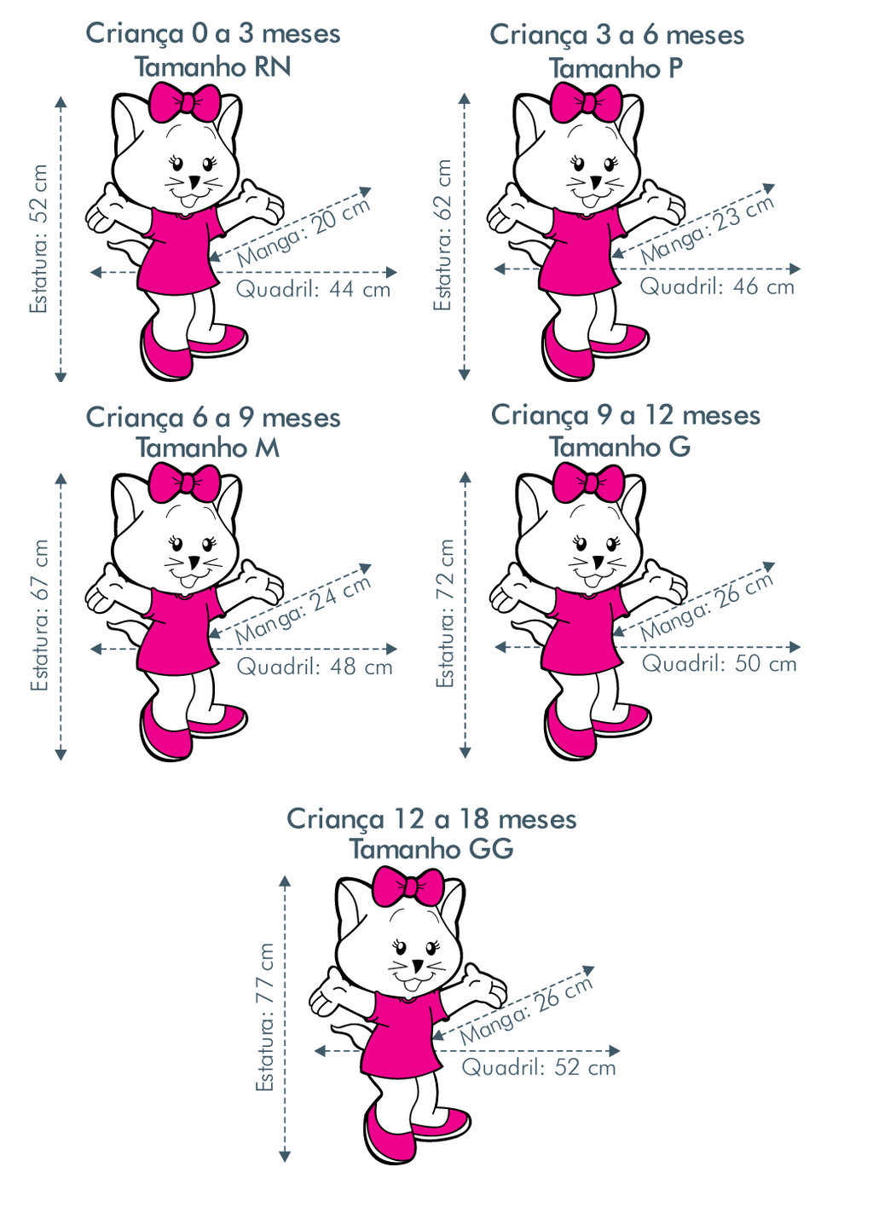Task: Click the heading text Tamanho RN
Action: coord(212,66)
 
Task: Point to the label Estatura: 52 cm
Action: coord(39,239)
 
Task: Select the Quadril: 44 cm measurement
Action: coord(313,289)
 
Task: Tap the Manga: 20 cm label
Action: coord(304,232)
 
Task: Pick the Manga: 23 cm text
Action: coord(707,229)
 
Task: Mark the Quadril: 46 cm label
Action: coord(717,286)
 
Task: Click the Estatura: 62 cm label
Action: coord(443,235)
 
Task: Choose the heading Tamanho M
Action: coord(208,448)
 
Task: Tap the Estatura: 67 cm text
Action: coord(40,615)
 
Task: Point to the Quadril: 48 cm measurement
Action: coord(314,667)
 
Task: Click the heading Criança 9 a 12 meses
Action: coord(625,415)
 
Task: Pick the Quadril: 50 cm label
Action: coord(719,663)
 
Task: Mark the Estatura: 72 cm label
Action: coord(444,613)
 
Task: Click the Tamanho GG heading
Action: coord(431,849)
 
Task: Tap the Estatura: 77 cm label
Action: coord(265,1017)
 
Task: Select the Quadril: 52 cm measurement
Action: coord(538,1067)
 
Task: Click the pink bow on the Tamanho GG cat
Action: coord(410,887)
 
